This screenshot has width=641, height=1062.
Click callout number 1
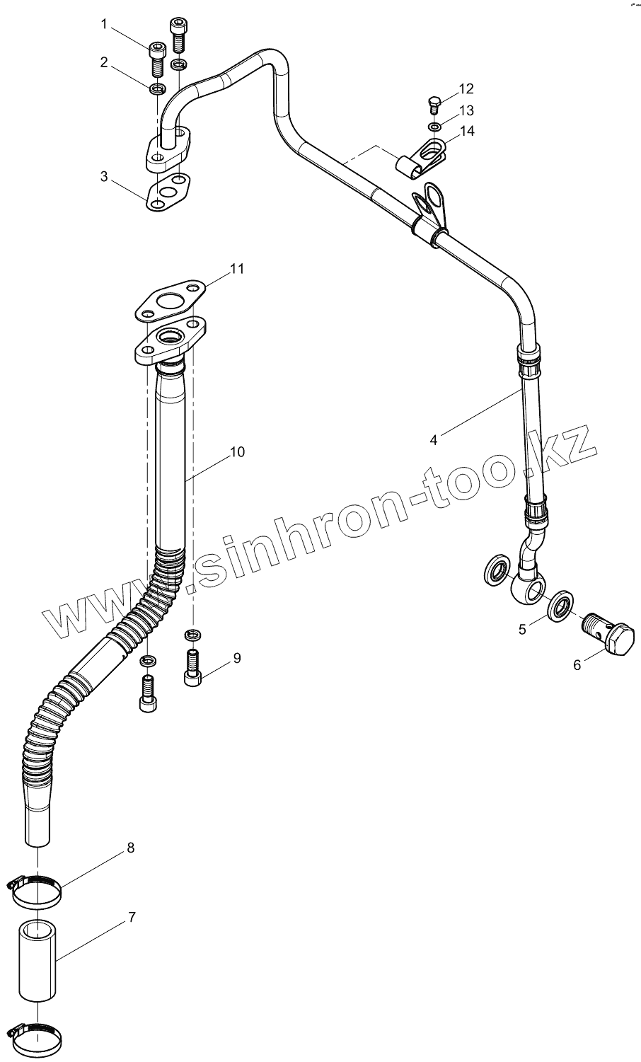105,25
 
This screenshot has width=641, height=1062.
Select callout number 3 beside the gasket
105,176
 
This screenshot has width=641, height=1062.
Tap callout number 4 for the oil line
433,439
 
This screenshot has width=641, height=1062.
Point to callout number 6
577,665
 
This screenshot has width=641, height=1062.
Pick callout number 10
237,451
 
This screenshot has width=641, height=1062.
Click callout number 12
466,88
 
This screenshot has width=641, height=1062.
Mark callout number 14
466,131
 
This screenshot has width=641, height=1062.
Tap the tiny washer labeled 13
434,127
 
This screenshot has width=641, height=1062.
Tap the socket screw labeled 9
193,666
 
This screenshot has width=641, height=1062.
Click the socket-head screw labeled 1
158,59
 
